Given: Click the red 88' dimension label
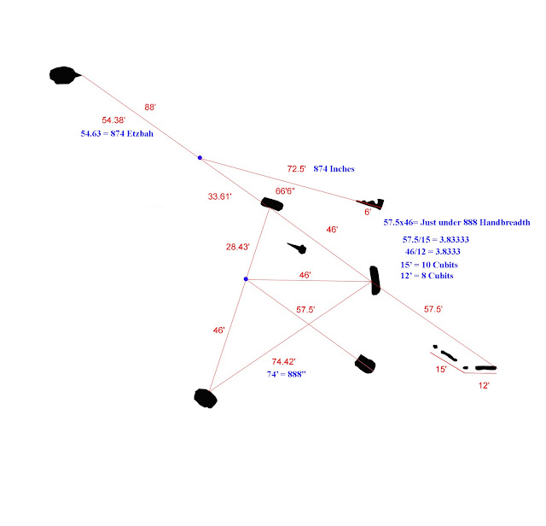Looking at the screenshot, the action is coord(150,107).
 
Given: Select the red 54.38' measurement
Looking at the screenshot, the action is coord(113,120).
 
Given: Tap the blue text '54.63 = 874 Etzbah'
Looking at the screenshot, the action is coord(117,133).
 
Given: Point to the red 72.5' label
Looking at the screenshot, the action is coord(296,169).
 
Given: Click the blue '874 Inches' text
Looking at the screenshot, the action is coord(334,169).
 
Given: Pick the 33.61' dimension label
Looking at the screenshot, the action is coord(220,196).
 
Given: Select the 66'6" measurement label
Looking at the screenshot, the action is coord(285,191).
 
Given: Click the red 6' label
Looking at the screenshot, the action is coord(368,212).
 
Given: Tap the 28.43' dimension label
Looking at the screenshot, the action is coord(237,247).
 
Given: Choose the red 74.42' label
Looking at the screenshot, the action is coord(283,361).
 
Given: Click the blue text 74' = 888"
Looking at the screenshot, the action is coord(287,374).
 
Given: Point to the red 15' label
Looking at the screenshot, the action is coord(441,369).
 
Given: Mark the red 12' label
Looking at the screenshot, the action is coord(484,385).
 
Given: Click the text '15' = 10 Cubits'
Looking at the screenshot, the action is coord(429,265).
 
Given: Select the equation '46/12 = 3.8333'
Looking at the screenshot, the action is coord(433,251).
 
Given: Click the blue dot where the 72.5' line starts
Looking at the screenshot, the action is coord(200,158).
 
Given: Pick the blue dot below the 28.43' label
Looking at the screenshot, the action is coord(246,279).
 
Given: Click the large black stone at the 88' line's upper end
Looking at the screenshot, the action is coord(64,75).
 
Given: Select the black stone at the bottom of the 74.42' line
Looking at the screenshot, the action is coord(206,399).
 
